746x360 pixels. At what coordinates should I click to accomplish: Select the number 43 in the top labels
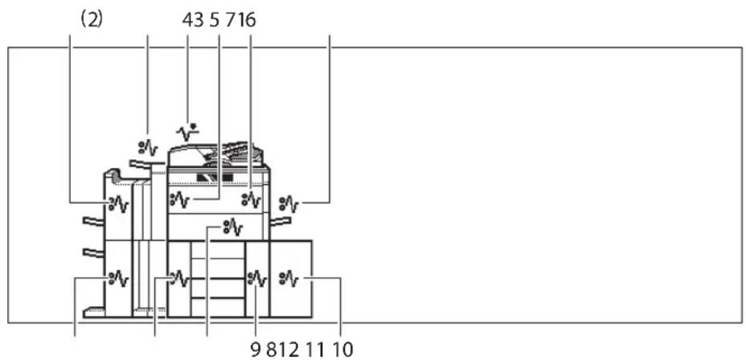pyautogui.click(x=193, y=20)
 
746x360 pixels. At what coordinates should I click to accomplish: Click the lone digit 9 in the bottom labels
pyautogui.click(x=256, y=350)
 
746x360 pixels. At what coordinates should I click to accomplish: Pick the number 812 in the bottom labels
pyautogui.click(x=283, y=350)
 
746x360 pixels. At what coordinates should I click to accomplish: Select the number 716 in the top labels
pyautogui.click(x=241, y=20)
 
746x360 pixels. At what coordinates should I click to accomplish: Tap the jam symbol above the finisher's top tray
pyautogui.click(x=147, y=149)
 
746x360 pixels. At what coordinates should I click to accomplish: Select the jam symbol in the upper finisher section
pyautogui.click(x=119, y=204)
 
